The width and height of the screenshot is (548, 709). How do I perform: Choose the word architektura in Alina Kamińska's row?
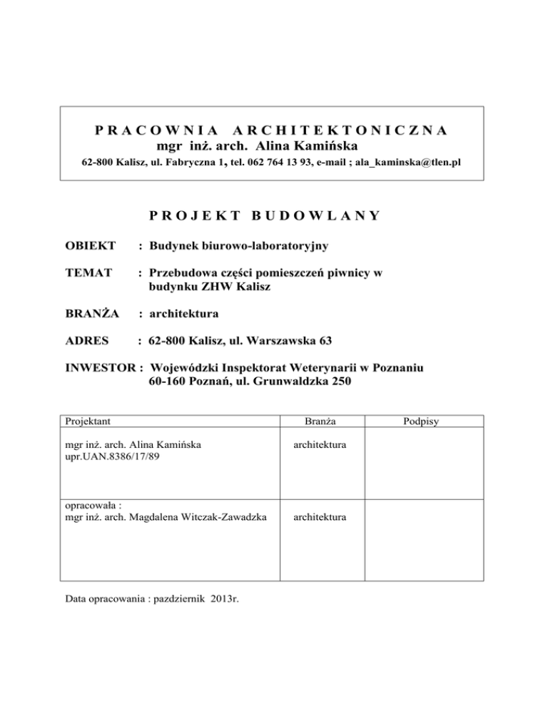click(x=319, y=444)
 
